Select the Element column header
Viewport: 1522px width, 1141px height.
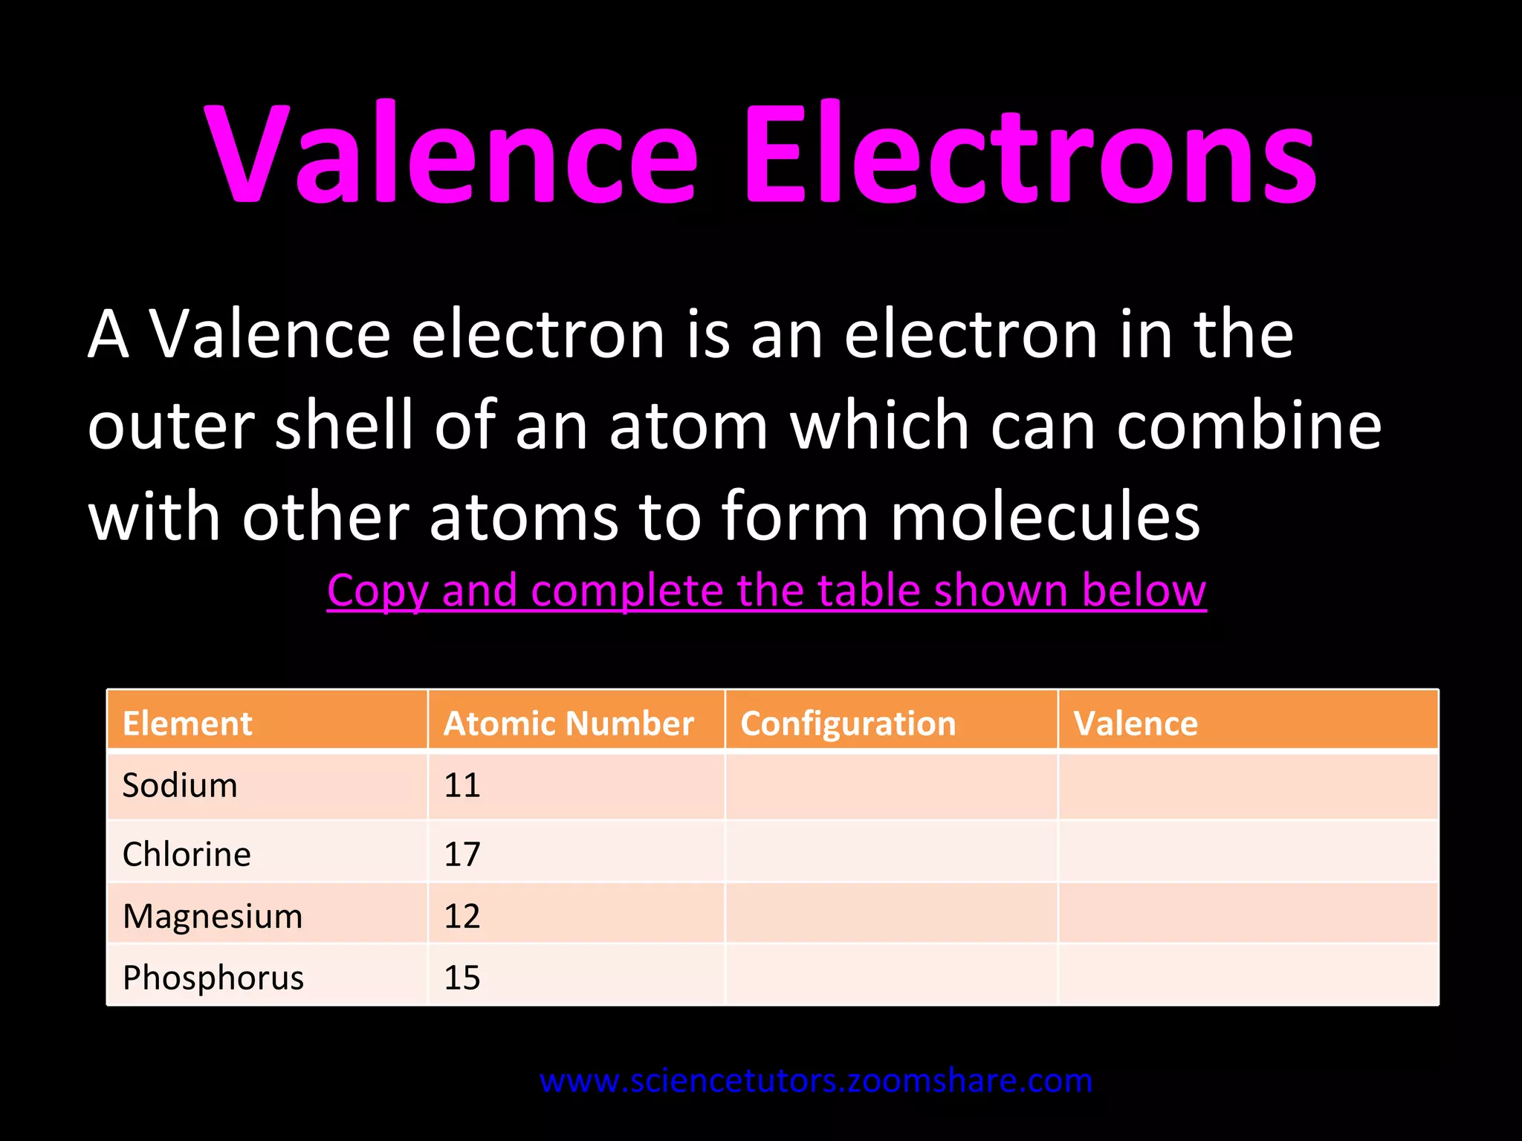[x=187, y=724]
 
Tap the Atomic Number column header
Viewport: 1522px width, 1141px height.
[x=569, y=724]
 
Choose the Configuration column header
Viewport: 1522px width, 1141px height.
[x=848, y=724]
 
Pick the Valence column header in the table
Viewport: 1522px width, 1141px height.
[x=1136, y=724]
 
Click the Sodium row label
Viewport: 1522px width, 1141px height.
[x=180, y=785]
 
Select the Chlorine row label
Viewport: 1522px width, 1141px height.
[x=187, y=854]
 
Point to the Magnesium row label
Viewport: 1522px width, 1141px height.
[x=213, y=916]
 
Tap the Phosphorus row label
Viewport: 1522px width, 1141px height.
[x=213, y=978]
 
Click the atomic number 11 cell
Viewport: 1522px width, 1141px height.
[x=462, y=785]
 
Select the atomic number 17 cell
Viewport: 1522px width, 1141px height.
[x=462, y=854]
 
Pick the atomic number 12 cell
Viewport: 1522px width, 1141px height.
[x=462, y=916]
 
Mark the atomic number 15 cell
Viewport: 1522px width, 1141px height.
[x=462, y=978]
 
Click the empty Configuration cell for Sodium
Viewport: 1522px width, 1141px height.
[x=891, y=786]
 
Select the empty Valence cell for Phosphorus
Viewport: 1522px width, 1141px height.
[x=1248, y=975]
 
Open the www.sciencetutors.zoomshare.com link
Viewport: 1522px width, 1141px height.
[x=816, y=1081]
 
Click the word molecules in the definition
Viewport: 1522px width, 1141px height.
[x=1045, y=517]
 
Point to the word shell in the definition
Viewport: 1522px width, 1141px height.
[x=344, y=425]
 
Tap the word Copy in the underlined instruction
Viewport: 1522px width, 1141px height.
[x=378, y=592]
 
